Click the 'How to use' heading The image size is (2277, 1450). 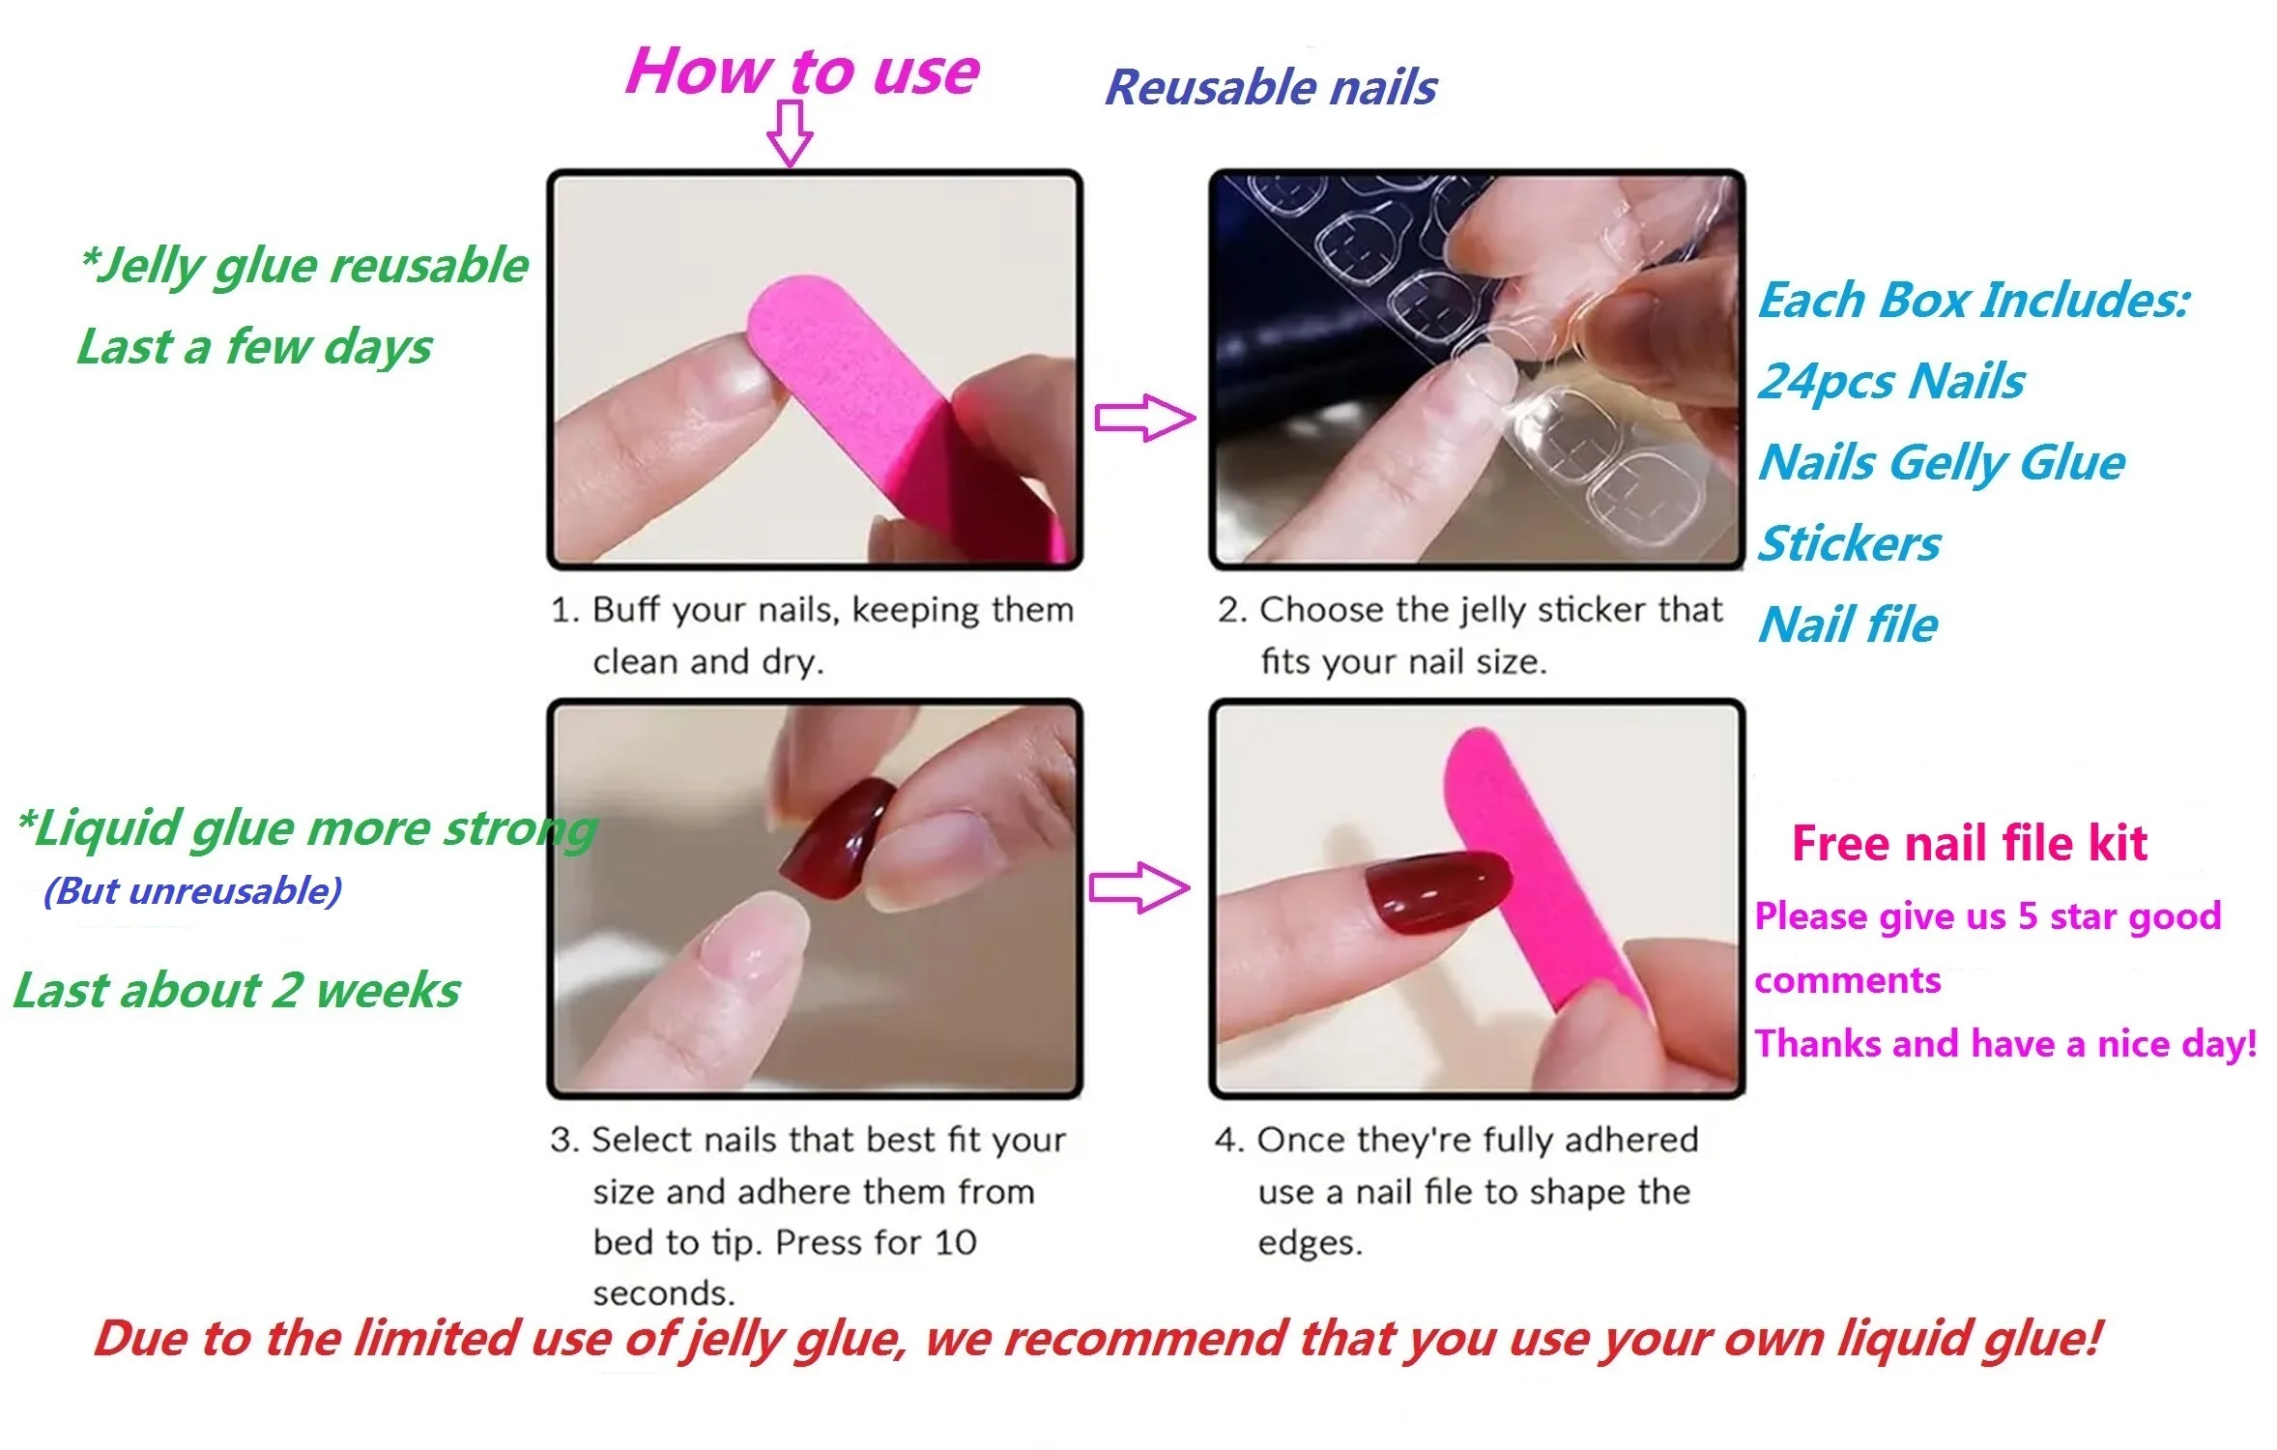(801, 72)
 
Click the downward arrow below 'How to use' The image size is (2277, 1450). (790, 134)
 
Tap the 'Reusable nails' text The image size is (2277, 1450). (1270, 88)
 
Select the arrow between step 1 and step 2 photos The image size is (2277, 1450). (1143, 418)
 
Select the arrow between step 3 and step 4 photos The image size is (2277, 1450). (1138, 886)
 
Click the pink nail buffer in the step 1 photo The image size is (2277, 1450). (850, 387)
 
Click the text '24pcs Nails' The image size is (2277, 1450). (1890, 382)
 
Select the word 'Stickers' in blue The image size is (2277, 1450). (1848, 544)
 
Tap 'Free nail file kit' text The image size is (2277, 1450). (1969, 844)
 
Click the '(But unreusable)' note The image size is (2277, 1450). (192, 891)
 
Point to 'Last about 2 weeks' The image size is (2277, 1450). (237, 991)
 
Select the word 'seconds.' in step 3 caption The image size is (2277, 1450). (664, 1293)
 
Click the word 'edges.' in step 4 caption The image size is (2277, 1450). (1310, 1243)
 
